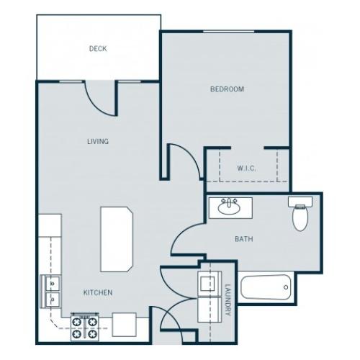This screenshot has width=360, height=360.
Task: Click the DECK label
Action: [98, 49]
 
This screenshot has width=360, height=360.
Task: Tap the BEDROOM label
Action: [227, 89]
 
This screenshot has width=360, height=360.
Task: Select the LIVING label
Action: [97, 141]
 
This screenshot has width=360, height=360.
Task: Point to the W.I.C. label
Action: [246, 168]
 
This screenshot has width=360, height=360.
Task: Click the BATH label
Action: [242, 239]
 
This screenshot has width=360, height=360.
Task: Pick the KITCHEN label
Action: [97, 292]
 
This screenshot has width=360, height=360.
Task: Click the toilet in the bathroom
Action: [299, 214]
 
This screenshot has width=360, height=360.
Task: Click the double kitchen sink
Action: [51, 290]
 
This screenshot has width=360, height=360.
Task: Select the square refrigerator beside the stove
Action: [122, 325]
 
